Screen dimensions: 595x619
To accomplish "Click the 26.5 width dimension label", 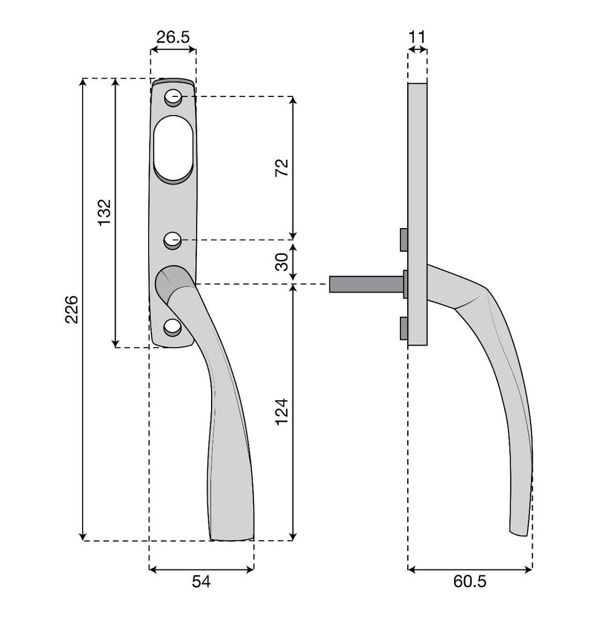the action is pyautogui.click(x=173, y=37).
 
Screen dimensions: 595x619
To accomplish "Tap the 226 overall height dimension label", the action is pyautogui.click(x=72, y=309).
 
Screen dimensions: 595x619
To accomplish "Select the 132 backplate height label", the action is pyautogui.click(x=105, y=213).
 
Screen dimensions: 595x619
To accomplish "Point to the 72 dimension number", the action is pyautogui.click(x=282, y=167).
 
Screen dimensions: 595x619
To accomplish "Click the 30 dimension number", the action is pyautogui.click(x=282, y=262).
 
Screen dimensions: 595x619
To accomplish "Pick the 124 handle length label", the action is pyautogui.click(x=282, y=412).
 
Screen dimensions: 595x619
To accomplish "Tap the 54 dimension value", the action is pyautogui.click(x=201, y=581).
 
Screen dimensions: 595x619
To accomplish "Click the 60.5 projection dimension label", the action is pyautogui.click(x=470, y=581).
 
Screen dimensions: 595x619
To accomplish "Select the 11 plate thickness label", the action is pyautogui.click(x=417, y=37).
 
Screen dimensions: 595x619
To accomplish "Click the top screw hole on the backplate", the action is pyautogui.click(x=173, y=97).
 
